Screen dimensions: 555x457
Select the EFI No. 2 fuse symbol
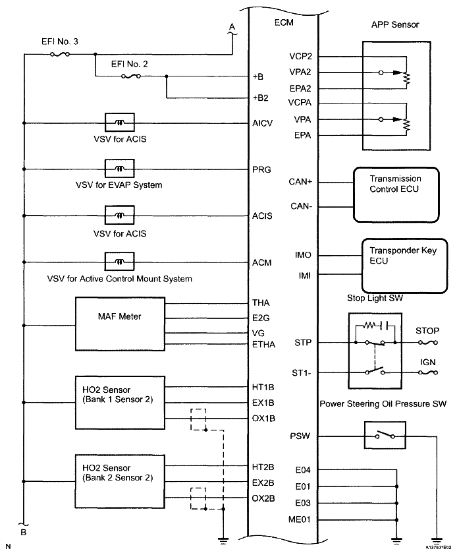(x=130, y=76)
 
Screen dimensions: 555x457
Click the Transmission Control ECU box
(x=395, y=193)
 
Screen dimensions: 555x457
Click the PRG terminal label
(x=261, y=169)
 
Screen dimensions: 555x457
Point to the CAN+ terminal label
(x=300, y=181)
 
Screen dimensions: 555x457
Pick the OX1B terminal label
(x=263, y=418)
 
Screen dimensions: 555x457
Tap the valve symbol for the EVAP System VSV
(x=120, y=170)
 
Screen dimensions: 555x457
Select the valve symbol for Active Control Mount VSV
(x=120, y=262)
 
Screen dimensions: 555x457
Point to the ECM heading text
(x=283, y=23)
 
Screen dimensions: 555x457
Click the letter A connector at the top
(x=231, y=26)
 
